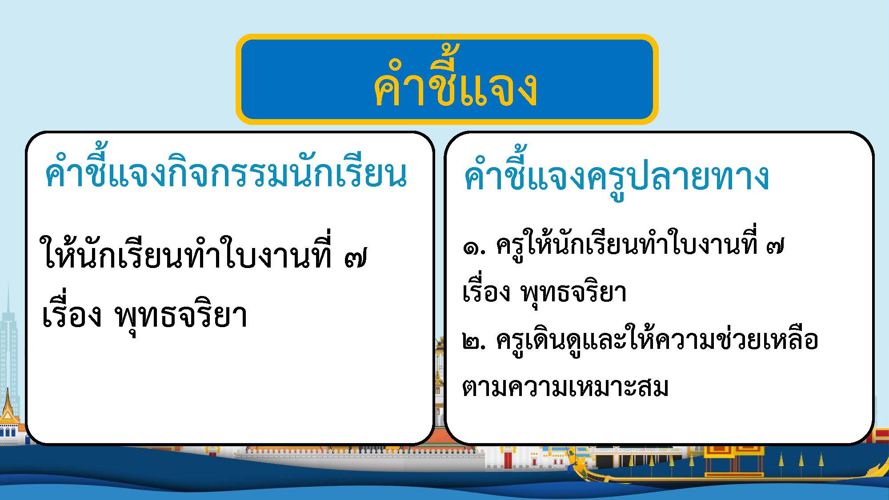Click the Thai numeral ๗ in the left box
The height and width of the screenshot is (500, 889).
point(356,258)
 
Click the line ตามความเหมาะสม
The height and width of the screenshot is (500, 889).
point(565,387)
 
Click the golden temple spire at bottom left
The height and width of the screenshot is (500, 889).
point(8,409)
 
